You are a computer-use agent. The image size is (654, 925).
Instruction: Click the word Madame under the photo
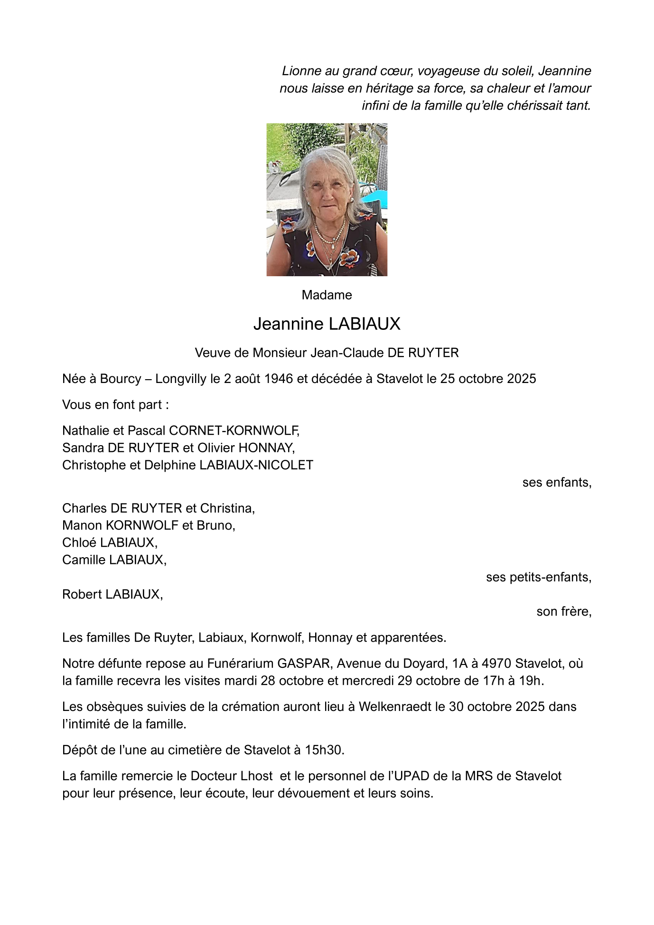pos(327,295)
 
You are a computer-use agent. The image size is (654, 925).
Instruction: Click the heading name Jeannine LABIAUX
pos(327,324)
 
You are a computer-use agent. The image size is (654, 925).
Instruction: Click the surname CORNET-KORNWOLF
pos(234,430)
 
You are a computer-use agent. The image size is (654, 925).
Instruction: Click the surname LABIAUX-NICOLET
pos(256,465)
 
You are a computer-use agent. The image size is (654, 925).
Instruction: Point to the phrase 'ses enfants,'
pos(557,482)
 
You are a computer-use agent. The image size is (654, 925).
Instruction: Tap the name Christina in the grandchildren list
pos(227,508)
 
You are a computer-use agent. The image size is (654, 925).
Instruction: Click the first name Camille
pos(84,560)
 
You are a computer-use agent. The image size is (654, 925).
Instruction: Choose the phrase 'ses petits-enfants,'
pos(539,577)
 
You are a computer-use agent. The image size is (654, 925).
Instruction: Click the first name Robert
pos(82,594)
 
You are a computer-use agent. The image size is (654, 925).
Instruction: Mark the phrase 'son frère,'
pos(564,612)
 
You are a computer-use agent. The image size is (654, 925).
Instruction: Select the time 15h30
pos(324,750)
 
